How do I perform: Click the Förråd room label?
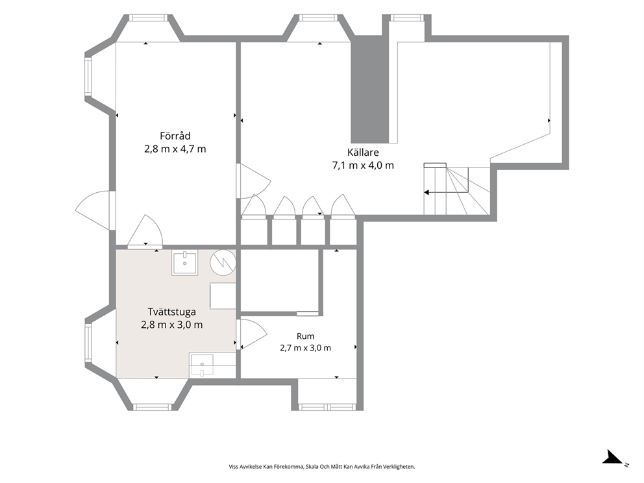[x=175, y=136]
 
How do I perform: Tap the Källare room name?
[x=363, y=153]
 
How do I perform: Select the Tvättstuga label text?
[x=171, y=312]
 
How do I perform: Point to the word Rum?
[x=306, y=336]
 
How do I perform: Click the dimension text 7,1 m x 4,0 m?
[x=363, y=166]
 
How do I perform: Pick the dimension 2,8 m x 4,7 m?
[x=175, y=149]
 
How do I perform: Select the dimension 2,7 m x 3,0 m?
[x=306, y=348]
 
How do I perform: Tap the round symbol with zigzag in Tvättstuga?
[x=223, y=262]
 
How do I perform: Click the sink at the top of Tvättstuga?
[x=184, y=263]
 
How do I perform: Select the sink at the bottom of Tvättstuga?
[x=201, y=364]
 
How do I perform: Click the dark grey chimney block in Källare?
[x=369, y=89]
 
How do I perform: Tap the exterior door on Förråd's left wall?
[x=95, y=210]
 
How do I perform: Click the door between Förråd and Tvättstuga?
[x=145, y=232]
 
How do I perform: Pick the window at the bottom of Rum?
[x=327, y=408]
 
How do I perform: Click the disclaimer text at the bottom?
[x=322, y=467]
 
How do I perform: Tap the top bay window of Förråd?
[x=148, y=18]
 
